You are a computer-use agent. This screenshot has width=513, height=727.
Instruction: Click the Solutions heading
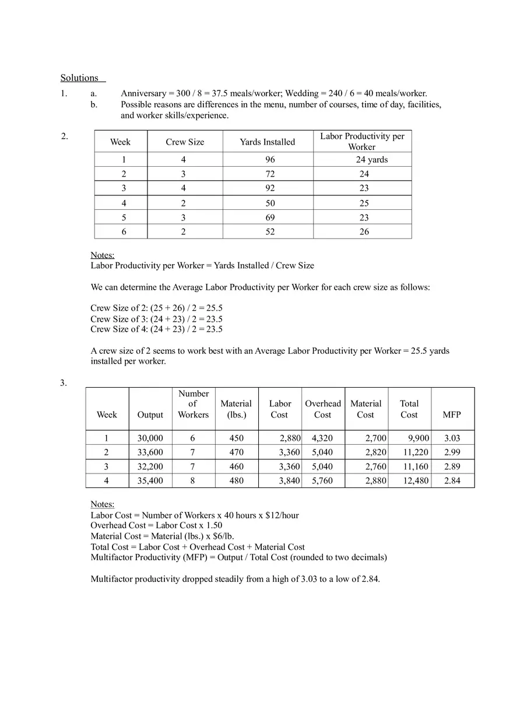80,78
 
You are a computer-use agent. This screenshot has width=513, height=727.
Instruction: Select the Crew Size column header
185,142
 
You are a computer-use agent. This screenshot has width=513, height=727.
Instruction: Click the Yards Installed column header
268,142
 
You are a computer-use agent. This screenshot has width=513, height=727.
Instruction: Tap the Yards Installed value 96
269,160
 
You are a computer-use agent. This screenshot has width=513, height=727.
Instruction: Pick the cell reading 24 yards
371,160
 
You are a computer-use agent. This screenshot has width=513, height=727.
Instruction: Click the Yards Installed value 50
269,203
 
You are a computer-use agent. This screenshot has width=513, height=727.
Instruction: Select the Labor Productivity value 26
364,231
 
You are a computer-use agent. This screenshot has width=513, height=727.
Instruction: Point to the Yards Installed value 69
269,217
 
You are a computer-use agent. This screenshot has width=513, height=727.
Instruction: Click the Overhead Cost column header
323,409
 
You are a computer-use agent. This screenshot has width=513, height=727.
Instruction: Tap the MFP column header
452,415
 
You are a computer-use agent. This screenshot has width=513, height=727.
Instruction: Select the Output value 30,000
150,438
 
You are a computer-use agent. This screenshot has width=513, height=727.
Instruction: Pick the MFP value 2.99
452,452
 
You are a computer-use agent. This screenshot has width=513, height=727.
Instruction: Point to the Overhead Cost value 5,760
322,481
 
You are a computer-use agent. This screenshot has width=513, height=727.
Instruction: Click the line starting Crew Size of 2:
156,308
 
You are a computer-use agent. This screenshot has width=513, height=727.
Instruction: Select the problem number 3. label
64,383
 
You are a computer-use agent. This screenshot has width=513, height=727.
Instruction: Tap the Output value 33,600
150,452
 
